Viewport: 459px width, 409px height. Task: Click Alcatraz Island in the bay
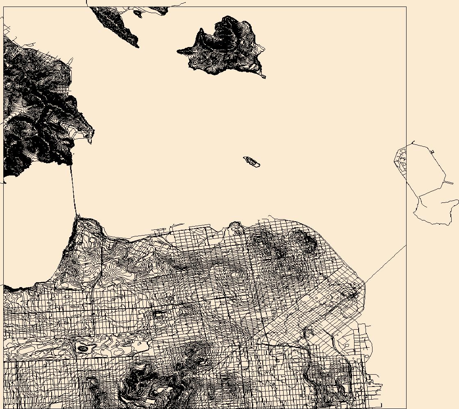tap(252, 162)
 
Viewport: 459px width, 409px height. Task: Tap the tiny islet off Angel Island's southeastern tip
tap(263, 76)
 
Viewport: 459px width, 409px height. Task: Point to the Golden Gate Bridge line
tap(73, 188)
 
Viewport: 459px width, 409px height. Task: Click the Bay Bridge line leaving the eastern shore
tap(385, 264)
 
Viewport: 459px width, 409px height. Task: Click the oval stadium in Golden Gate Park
tap(83, 348)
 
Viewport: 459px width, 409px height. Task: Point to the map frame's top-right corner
tap(406, 7)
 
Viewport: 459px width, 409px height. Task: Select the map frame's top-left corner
tap(4, 7)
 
